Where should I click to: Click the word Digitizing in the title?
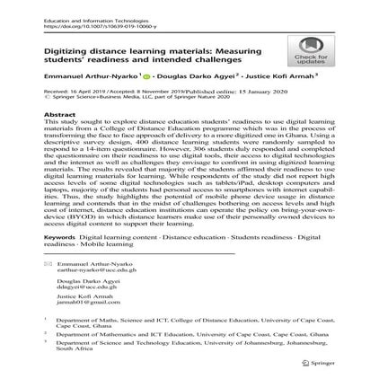click(73, 51)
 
